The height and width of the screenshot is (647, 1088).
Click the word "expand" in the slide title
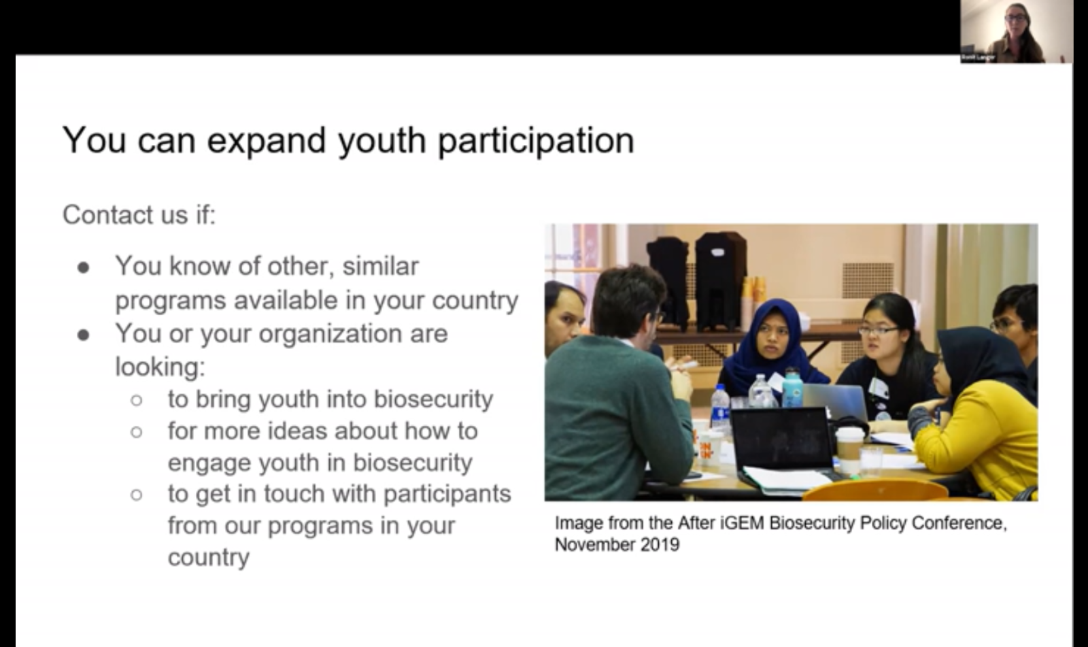click(x=266, y=142)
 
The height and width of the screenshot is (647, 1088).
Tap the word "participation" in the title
click(x=537, y=142)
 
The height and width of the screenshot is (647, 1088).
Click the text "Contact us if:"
click(x=139, y=214)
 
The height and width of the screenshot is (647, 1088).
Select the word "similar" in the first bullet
click(x=380, y=267)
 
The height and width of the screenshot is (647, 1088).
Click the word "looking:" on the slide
click(x=160, y=367)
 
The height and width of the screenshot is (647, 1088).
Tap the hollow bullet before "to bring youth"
click(x=137, y=400)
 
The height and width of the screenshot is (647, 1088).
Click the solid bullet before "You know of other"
click(x=84, y=268)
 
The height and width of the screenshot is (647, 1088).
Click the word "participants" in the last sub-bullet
click(x=447, y=495)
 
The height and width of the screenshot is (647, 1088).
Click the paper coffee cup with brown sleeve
click(x=850, y=448)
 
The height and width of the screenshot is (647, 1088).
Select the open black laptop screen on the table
click(x=781, y=437)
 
